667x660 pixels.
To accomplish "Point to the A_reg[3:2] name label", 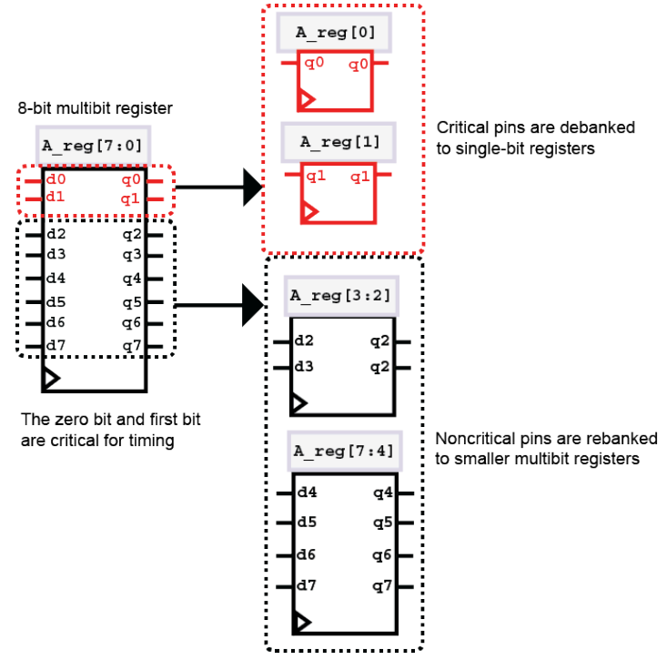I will coord(339,295).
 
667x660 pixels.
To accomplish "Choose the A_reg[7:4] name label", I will coord(342,450).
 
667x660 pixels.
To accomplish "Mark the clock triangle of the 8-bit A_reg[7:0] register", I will coord(51,377).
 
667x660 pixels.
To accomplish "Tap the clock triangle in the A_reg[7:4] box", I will coord(301,622).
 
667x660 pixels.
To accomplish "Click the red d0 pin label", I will coord(56,180).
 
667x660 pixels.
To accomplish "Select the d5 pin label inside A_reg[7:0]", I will coord(56,301).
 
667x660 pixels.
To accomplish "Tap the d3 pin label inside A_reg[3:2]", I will coord(304,367).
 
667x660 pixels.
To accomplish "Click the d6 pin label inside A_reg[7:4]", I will coord(307,553).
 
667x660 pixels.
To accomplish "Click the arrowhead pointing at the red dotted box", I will coord(251,188).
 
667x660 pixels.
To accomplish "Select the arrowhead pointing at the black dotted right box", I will coord(252,304).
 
